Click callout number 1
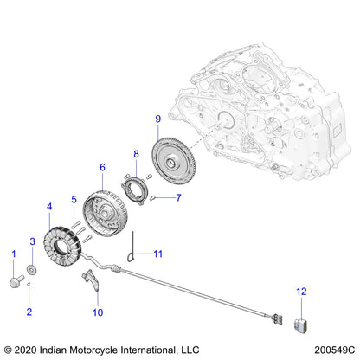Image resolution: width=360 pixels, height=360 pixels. pos(13,253)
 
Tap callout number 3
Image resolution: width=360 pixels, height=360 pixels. pos(33,241)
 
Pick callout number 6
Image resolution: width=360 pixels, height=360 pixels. pos(102,167)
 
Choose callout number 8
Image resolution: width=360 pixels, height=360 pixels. pos(135,155)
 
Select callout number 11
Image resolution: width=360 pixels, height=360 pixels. pos(157,254)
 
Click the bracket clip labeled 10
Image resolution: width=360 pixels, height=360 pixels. pos(97,283)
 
